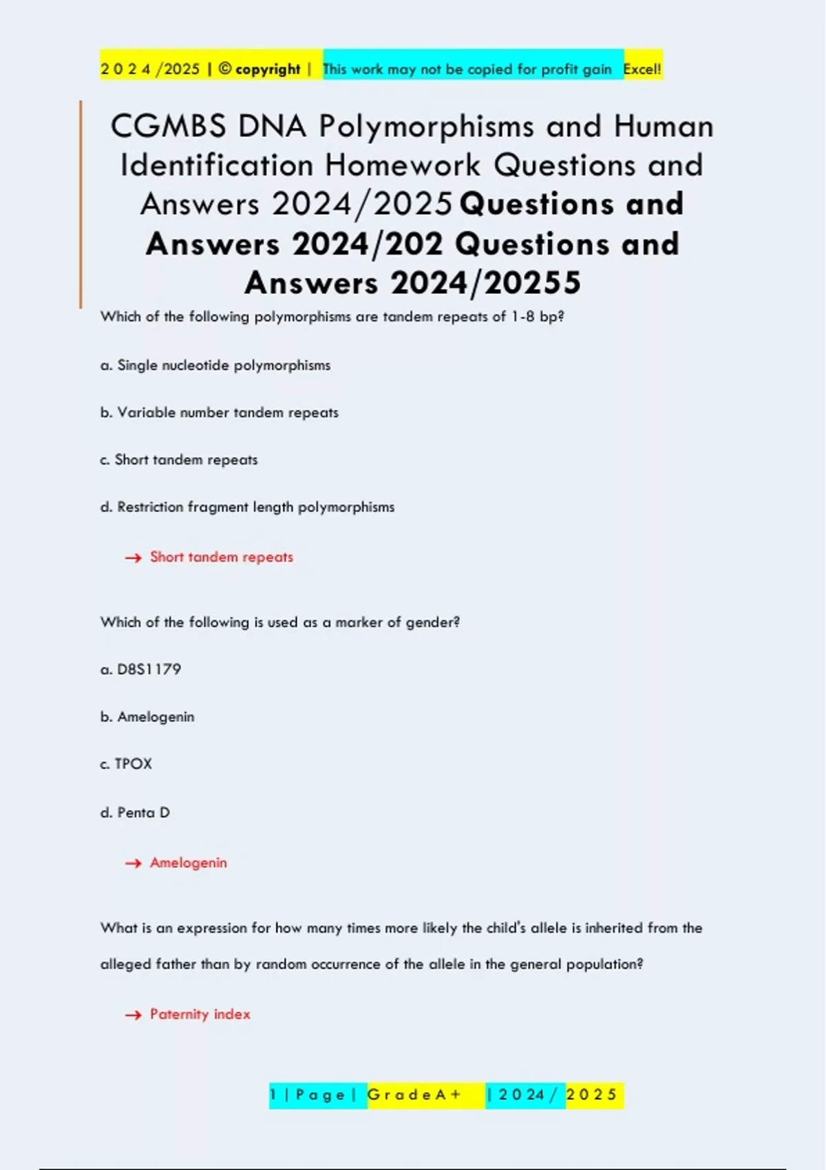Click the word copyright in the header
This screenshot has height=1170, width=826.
267,70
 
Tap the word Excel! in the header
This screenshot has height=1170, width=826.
642,70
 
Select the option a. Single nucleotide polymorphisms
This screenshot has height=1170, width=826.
215,365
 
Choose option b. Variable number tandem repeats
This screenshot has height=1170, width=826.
220,413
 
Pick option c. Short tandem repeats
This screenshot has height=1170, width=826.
179,460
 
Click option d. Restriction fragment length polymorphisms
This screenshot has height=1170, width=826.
247,507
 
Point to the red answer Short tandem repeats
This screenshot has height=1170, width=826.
222,557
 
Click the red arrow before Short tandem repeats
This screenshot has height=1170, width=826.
134,557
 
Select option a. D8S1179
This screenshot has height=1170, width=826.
140,670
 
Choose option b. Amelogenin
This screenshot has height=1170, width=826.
147,717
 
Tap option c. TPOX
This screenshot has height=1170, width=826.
126,764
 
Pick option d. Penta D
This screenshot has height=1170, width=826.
135,813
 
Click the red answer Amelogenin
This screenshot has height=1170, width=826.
189,863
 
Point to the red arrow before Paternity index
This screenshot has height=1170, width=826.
134,1015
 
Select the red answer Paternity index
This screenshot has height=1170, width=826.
200,1014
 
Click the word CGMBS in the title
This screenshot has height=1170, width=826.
168,127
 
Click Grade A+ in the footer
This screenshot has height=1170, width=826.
414,1095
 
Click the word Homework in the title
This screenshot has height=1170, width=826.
403,165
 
